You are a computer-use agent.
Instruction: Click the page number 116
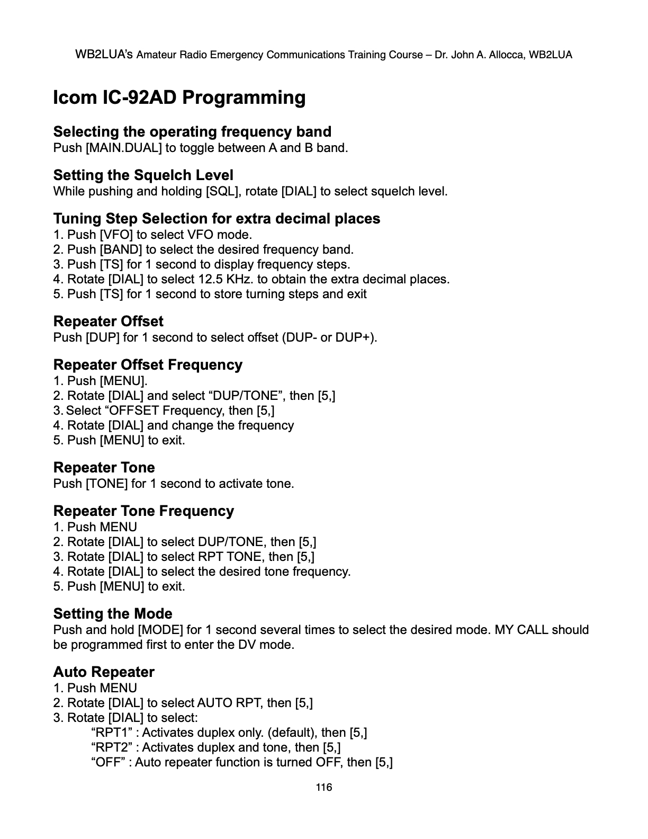[x=323, y=787]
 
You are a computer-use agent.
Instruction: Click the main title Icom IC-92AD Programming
[x=179, y=97]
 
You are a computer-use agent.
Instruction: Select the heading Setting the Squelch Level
[x=143, y=175]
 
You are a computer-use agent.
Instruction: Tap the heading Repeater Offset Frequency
[x=148, y=365]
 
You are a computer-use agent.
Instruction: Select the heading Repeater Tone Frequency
[x=143, y=511]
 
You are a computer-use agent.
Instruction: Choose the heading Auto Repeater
[x=104, y=672]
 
